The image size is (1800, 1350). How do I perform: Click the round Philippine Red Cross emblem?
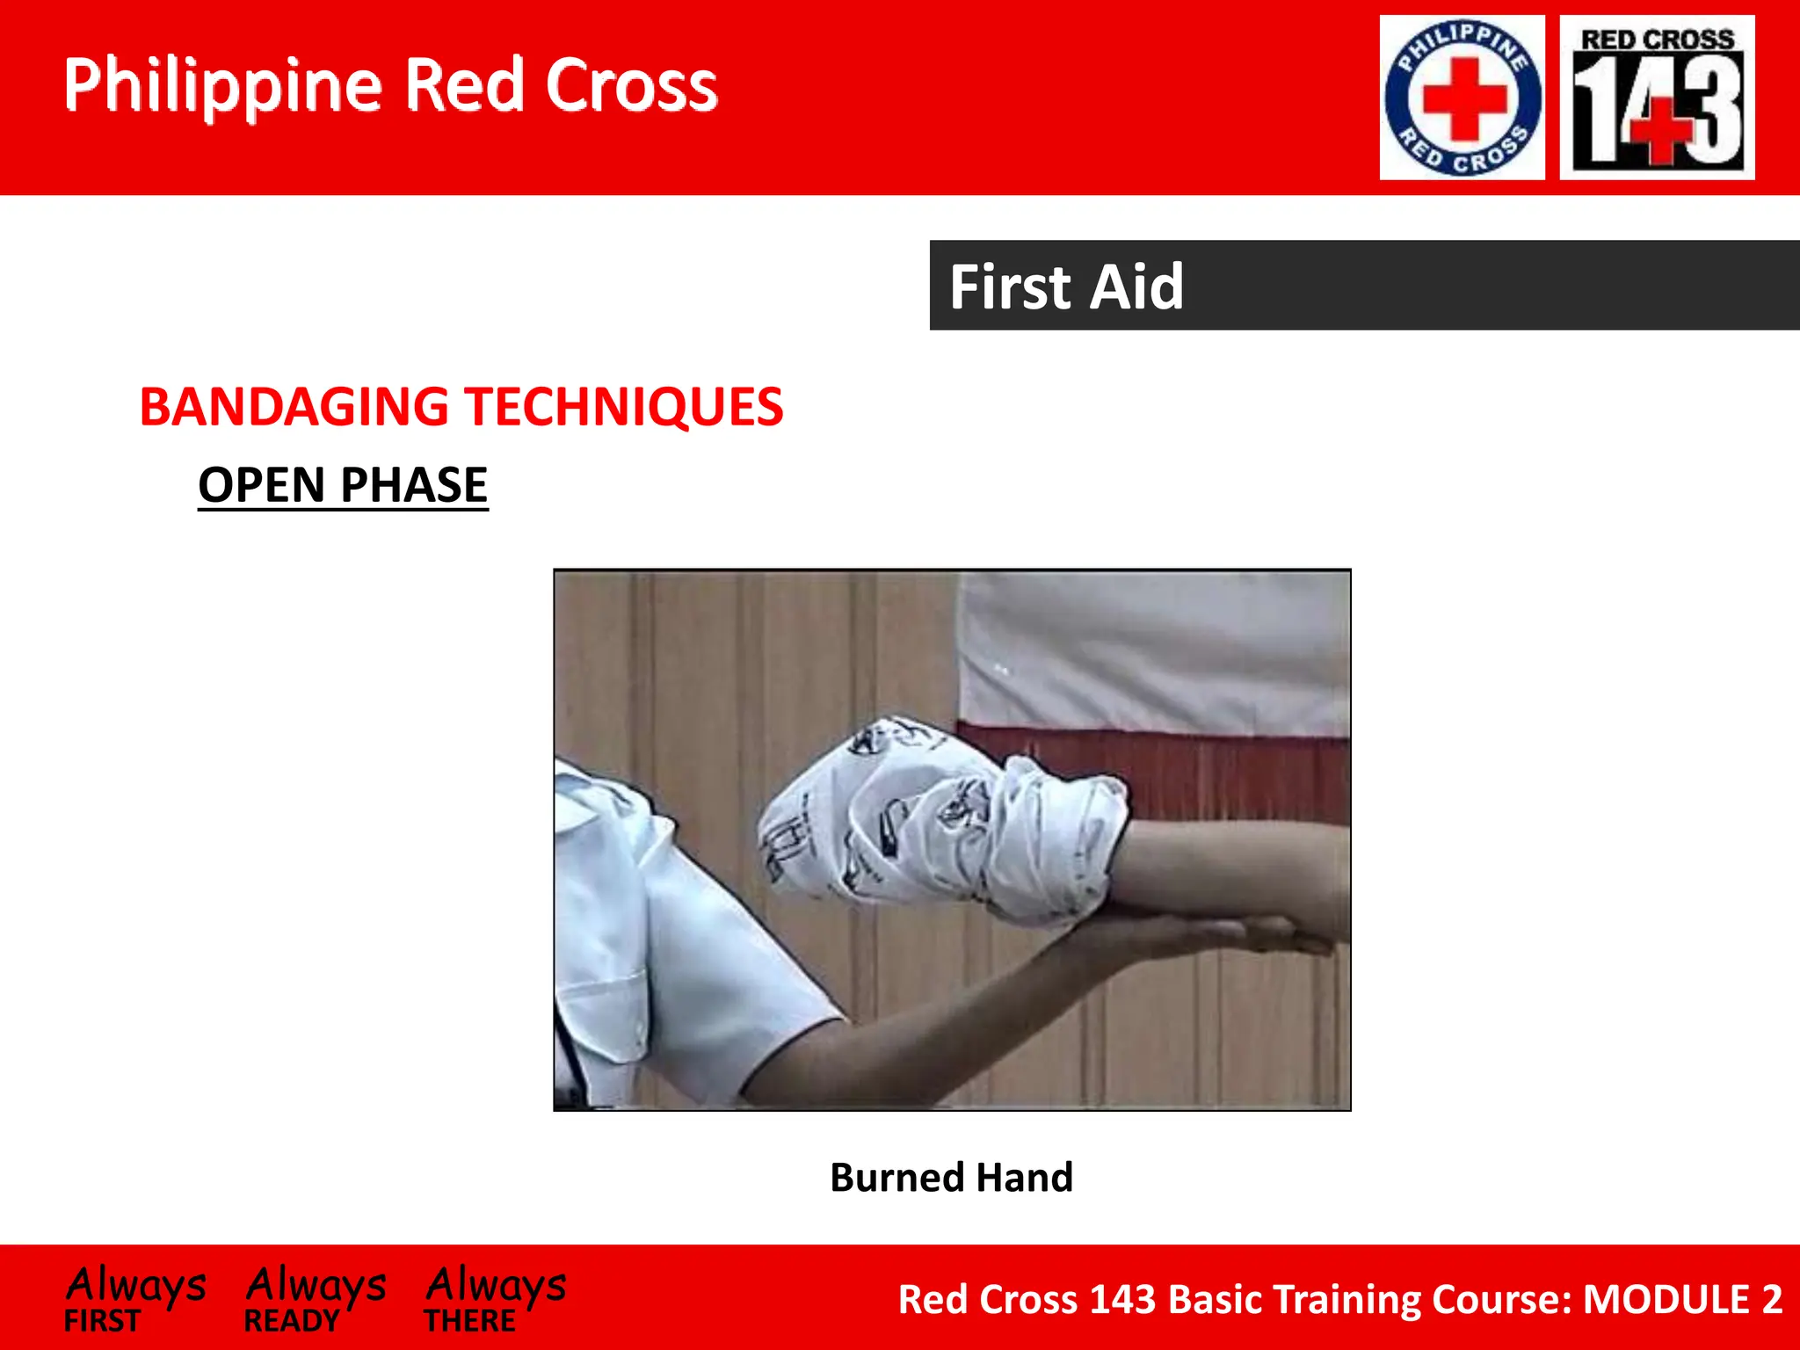[x=1462, y=98]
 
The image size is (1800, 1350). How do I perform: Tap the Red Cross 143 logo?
[x=1657, y=98]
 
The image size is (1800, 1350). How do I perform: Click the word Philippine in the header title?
[x=222, y=87]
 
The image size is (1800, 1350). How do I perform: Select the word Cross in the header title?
[x=631, y=85]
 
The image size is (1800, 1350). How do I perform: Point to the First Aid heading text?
[x=1066, y=287]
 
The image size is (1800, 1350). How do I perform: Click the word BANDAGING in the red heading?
[x=294, y=407]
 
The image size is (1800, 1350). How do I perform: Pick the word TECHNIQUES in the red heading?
[x=624, y=407]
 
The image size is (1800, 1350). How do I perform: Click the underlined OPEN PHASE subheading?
[x=343, y=484]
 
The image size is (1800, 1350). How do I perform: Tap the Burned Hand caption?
[x=951, y=1177]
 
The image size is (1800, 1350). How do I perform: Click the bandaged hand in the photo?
[x=932, y=822]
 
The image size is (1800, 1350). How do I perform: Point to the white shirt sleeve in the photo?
[x=668, y=949]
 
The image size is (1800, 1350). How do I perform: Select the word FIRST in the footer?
[x=102, y=1321]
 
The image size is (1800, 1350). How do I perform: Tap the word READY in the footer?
[x=291, y=1321]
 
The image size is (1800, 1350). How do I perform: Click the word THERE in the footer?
[x=469, y=1321]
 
